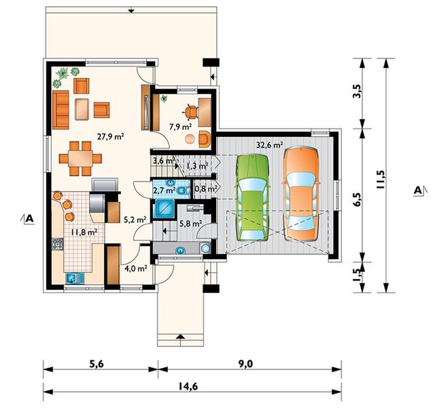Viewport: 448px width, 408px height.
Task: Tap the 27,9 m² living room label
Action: [110, 137]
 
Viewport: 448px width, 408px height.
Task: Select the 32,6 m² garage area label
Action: [269, 145]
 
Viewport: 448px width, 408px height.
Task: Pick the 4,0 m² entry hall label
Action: [136, 269]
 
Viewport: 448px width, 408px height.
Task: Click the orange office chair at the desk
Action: [192, 111]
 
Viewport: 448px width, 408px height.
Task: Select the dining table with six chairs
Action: [81, 158]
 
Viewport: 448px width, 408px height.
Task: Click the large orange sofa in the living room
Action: [61, 110]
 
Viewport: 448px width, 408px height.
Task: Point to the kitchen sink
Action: [75, 278]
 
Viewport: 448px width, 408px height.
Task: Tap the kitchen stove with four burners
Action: [58, 244]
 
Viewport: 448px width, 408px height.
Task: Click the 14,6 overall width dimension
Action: [188, 386]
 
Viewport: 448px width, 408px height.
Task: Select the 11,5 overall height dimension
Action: [381, 180]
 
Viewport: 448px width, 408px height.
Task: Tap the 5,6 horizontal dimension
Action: [97, 364]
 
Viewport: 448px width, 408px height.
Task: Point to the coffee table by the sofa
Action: [82, 109]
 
